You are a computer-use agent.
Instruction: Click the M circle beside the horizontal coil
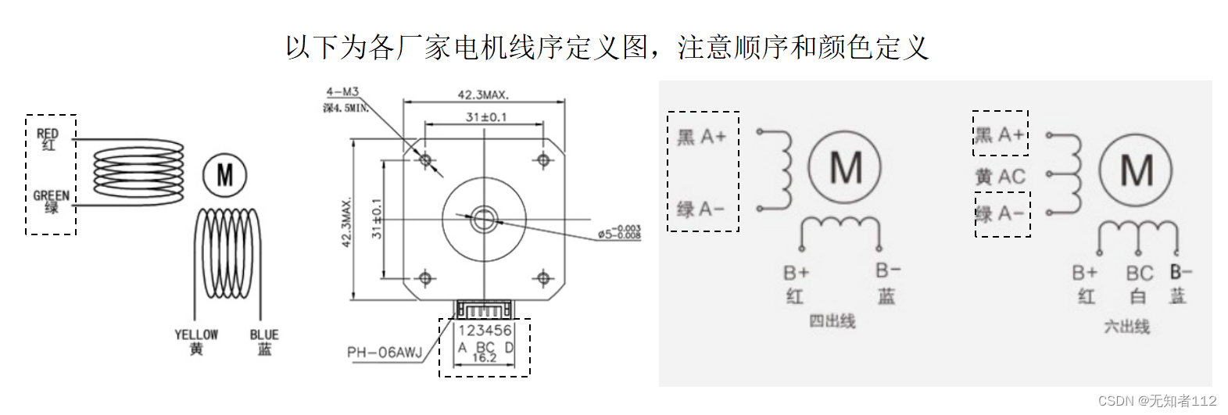224,175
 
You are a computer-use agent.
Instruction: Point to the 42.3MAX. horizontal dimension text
483,95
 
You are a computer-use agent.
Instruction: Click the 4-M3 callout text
342,92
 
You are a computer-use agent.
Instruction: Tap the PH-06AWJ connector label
385,352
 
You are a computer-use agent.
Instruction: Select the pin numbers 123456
485,331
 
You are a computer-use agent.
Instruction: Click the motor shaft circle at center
484,218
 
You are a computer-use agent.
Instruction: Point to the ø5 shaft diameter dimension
619,232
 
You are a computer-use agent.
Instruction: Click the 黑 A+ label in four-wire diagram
701,138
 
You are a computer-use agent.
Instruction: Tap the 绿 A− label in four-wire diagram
700,209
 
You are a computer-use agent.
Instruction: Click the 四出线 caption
832,321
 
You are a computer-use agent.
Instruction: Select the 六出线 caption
1126,327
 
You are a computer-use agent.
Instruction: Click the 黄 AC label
1000,177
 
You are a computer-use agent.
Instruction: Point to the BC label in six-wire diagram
1139,274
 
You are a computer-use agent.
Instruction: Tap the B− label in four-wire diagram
888,270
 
